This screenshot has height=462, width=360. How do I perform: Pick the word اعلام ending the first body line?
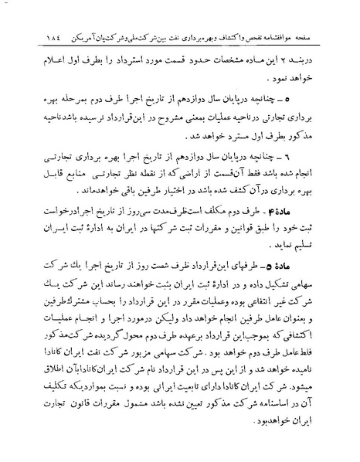click(x=46, y=38)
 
